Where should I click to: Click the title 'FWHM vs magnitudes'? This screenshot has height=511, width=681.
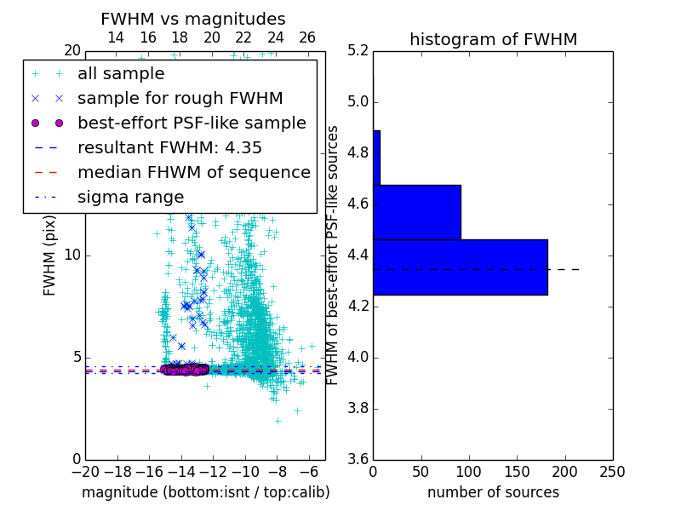coord(192,19)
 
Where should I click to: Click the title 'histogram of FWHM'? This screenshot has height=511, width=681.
coord(493,39)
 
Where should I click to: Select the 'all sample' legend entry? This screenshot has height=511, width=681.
coord(121,74)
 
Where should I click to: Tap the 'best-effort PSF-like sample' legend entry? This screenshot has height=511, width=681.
coord(192,123)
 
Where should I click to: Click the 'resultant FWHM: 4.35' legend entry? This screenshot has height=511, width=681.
coord(169,147)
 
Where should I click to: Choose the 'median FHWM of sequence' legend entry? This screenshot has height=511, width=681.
coord(193,172)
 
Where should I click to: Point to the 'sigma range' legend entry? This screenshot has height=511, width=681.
coord(130,197)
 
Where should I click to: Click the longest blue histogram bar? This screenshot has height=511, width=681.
coord(460,267)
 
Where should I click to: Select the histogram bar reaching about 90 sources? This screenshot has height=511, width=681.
coord(417,212)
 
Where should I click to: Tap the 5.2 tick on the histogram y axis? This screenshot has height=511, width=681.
coord(358,51)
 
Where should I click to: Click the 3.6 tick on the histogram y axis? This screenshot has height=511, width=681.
coord(358,459)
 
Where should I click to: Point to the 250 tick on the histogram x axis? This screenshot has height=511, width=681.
coord(612,472)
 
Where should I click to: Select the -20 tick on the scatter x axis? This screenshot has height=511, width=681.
coord(85,472)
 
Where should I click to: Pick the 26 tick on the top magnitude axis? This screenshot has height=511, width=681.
coord(307,37)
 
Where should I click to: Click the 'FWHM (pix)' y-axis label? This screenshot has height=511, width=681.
coord(50,255)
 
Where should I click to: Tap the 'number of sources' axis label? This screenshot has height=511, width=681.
coord(493,492)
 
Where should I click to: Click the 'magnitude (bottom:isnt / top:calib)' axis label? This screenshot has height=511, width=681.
coord(205,492)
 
